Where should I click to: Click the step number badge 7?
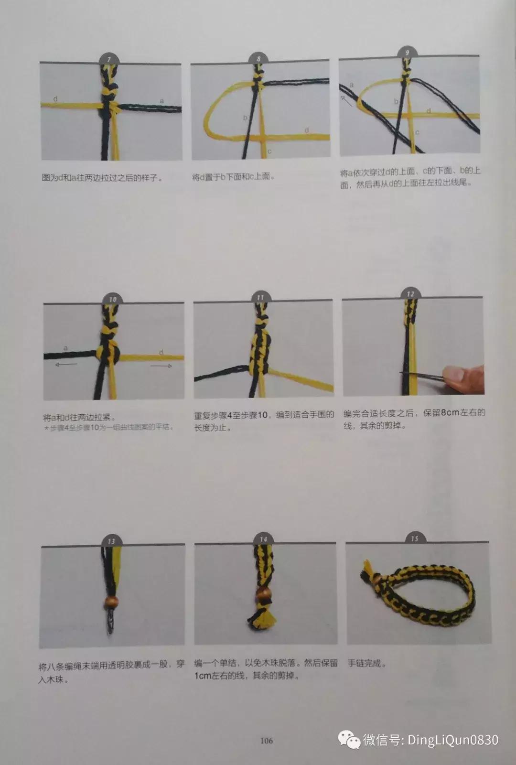point(109,59)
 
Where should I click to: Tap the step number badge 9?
point(407,53)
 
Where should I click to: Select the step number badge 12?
point(410,294)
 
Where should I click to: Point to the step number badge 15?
point(414,539)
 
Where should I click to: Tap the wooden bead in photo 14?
point(263,595)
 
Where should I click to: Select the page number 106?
point(266,741)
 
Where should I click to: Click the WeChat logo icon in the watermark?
point(349,740)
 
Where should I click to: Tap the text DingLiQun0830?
point(452,740)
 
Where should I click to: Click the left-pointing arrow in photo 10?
point(66,365)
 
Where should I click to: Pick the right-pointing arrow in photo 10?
point(161,366)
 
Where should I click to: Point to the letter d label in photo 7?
point(56,99)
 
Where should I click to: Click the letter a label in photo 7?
point(161,101)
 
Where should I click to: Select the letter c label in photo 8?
point(269,151)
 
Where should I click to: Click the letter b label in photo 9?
point(396,101)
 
